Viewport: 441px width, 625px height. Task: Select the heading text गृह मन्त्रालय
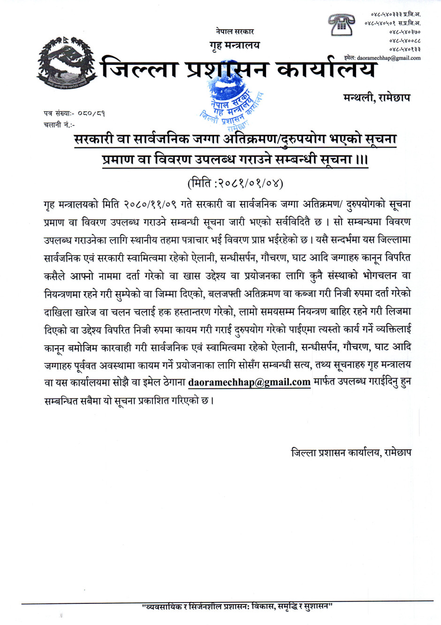pos(234,45)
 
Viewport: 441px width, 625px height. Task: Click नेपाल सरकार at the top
pos(235,31)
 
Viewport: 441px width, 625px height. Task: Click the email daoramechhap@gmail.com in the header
pos(388,58)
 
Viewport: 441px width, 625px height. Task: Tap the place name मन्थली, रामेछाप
pos(376,98)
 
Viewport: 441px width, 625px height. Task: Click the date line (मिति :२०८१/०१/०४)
pos(235,182)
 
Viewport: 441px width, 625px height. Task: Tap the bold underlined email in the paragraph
pos(249,382)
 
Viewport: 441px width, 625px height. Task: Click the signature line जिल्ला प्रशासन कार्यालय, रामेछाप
pos(351,453)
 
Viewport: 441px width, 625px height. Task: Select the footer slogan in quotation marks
pos(237,606)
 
